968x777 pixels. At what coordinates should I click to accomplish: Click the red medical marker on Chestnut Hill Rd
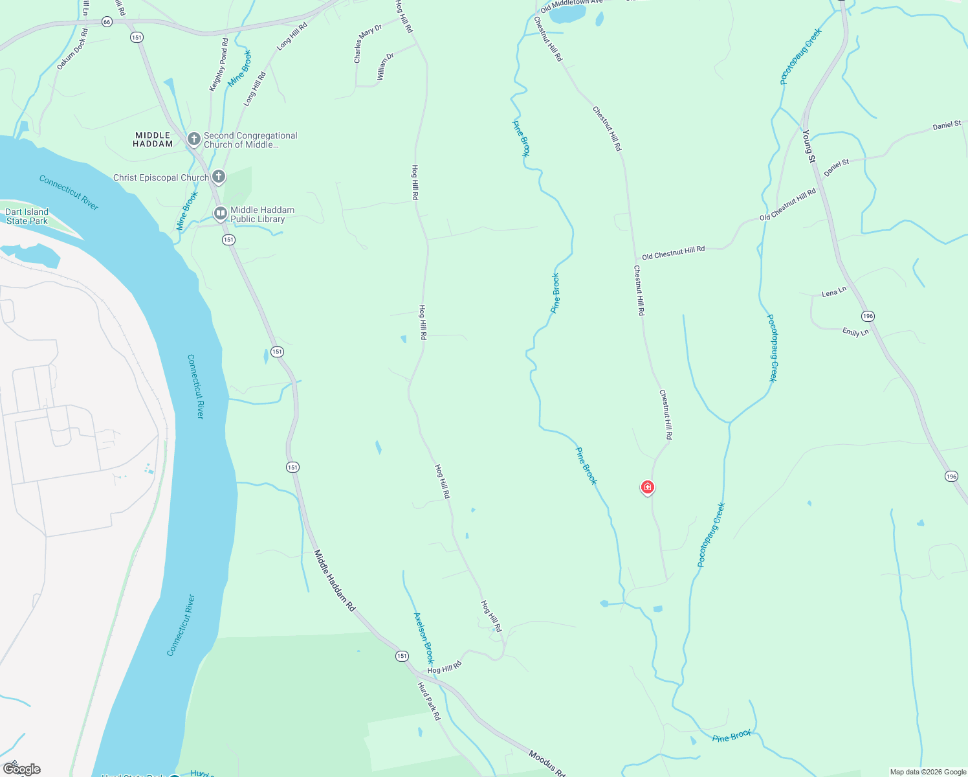click(x=647, y=487)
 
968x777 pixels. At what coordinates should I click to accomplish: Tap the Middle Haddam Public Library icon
click(x=221, y=212)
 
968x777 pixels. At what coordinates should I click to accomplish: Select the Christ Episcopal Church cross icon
click(x=219, y=176)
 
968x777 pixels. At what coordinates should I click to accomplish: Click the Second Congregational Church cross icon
click(x=193, y=139)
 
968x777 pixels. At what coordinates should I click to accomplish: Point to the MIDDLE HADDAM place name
click(x=153, y=140)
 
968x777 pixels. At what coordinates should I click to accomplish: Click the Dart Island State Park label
click(x=27, y=216)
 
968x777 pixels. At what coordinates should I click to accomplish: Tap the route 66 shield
click(x=107, y=22)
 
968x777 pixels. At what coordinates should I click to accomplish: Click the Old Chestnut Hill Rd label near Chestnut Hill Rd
click(x=673, y=253)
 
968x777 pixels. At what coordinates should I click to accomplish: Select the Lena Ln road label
click(x=833, y=293)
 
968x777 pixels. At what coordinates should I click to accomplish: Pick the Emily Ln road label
click(x=855, y=332)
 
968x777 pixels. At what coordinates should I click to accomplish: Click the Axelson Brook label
click(x=424, y=638)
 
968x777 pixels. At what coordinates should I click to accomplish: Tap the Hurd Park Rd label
click(x=428, y=701)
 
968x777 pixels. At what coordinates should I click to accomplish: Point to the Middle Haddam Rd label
click(x=335, y=581)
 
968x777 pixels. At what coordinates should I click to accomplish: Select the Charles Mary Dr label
click(x=367, y=44)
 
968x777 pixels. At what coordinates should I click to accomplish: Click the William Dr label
click(x=385, y=67)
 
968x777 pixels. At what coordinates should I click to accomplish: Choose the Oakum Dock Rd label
click(x=72, y=49)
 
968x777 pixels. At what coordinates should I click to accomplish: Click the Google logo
click(x=22, y=769)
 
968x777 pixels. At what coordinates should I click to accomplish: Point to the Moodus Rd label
click(x=547, y=763)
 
